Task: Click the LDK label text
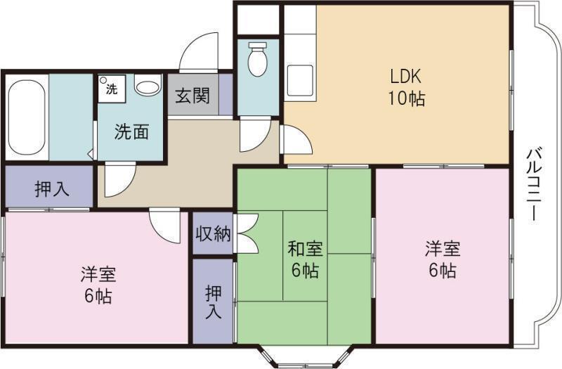click(406, 75)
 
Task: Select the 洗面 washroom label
click(131, 131)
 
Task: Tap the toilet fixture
click(258, 60)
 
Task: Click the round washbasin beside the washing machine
click(148, 88)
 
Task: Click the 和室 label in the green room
click(305, 249)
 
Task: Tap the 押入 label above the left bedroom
click(51, 188)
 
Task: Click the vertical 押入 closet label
click(213, 301)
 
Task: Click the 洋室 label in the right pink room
click(443, 249)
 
